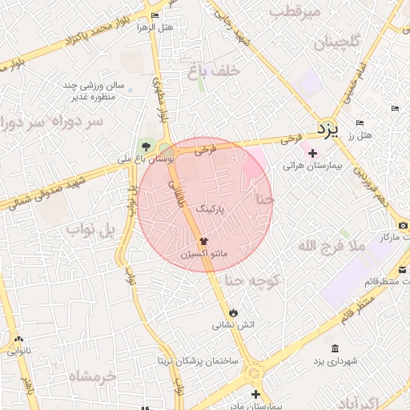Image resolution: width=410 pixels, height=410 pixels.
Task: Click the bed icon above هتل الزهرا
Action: click(x=155, y=15)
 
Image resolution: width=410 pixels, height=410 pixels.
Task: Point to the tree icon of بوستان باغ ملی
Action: click(x=145, y=145)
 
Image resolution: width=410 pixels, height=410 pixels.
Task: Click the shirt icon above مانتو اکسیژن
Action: click(x=203, y=239)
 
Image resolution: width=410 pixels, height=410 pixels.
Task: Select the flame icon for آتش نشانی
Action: click(x=233, y=312)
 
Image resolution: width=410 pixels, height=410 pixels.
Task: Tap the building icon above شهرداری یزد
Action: click(x=334, y=348)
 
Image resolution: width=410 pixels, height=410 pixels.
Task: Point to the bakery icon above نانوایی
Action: click(x=18, y=339)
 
